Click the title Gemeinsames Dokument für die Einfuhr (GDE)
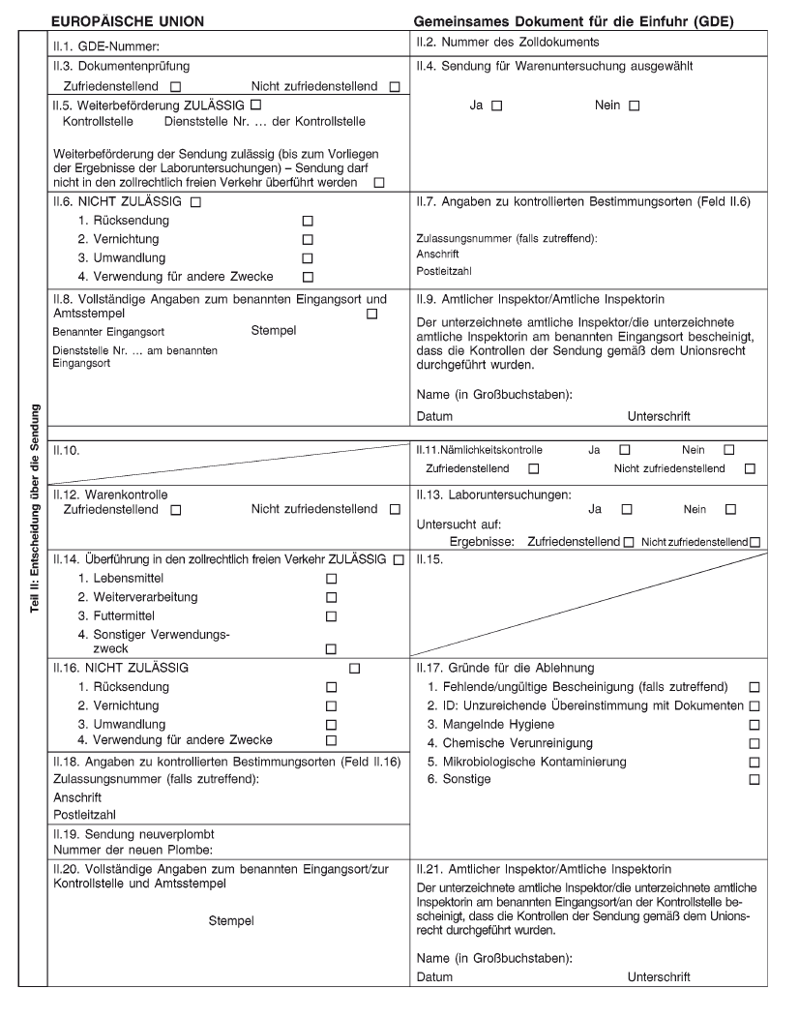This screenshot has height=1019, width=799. pos(573,20)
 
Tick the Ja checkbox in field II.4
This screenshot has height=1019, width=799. pos(496,105)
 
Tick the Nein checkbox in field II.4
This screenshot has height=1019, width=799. pos(634,105)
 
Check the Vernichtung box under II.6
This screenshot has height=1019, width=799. pos(308,239)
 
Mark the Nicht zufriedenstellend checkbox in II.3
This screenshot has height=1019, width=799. pos(394,87)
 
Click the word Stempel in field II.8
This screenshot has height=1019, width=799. pos(274,331)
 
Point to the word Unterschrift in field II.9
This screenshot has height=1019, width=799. pos(659,416)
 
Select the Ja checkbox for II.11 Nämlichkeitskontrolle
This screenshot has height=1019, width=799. pos(624,450)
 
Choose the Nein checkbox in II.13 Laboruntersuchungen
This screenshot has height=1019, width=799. pos(730,509)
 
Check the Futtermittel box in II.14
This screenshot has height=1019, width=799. pos(331,616)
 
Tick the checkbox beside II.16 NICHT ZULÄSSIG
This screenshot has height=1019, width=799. pos(354,668)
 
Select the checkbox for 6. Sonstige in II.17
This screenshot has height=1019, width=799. pos(754,779)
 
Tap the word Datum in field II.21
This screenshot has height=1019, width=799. pos(434,977)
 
